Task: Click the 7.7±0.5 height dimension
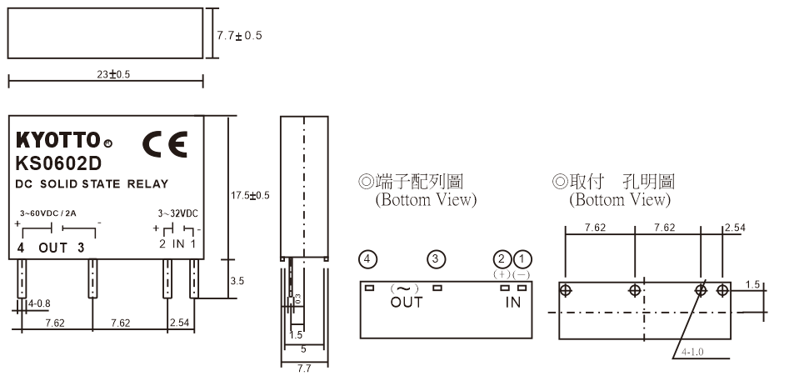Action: [x=240, y=36]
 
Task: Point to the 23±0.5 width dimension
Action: [x=113, y=74]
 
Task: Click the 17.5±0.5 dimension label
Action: [x=250, y=195]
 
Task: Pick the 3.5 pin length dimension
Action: [x=237, y=281]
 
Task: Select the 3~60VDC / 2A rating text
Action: [x=49, y=213]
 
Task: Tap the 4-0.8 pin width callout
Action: [x=38, y=303]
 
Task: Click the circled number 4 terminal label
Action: [x=367, y=258]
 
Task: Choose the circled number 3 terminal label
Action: [x=435, y=258]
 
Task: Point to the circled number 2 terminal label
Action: [x=502, y=258]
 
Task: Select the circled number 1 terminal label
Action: [x=521, y=258]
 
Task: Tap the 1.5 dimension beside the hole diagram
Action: [x=753, y=284]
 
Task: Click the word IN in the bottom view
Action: [x=512, y=302]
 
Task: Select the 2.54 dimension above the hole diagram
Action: [x=735, y=227]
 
